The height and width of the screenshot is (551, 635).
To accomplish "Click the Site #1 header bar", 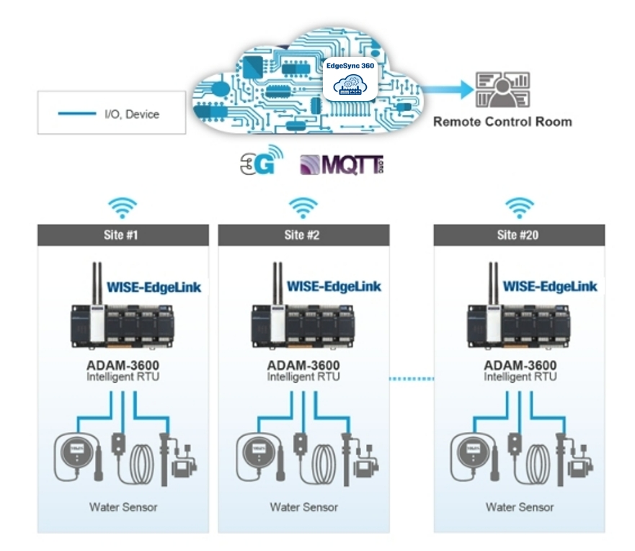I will tap(123, 235).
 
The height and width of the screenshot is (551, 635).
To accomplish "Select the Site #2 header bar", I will tap(303, 235).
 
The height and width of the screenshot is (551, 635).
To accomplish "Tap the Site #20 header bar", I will tap(519, 235).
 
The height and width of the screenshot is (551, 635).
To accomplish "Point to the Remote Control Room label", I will tap(502, 122).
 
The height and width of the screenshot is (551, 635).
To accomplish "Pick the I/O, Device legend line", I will tap(76, 113).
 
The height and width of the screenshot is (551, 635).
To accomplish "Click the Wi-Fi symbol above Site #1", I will tap(123, 207).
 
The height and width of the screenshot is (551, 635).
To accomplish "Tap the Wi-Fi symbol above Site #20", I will tap(519, 207).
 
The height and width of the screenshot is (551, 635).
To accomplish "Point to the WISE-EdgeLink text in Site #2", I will tap(334, 287).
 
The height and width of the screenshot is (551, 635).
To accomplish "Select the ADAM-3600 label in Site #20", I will tap(520, 365).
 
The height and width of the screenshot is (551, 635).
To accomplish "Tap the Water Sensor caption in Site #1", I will tap(123, 507).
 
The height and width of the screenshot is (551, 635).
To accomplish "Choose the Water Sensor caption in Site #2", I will tap(303, 507).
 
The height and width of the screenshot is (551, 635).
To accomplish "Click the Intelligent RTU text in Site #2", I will tap(303, 377).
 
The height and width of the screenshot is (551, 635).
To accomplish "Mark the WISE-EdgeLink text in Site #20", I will tap(550, 287).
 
